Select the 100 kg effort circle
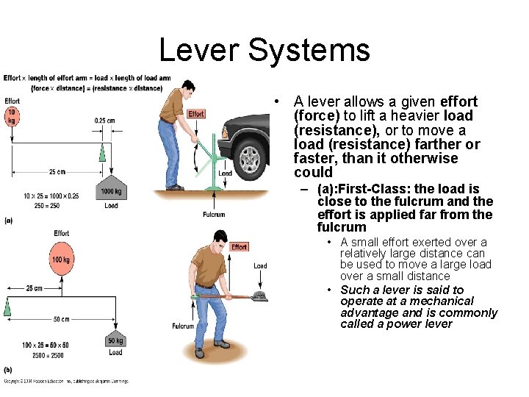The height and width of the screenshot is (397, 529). tap(61, 260)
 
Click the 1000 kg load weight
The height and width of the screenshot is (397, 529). tap(111, 190)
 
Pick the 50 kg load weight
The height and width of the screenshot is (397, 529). tap(115, 340)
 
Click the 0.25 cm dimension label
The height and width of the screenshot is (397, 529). tap(104, 121)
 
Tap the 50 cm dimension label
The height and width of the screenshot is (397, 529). tap(61, 320)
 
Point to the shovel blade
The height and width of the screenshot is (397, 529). tap(258, 296)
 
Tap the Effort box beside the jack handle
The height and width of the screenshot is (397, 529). tap(196, 114)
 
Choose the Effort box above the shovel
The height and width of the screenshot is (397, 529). tap(239, 247)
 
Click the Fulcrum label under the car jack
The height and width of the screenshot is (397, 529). tap(214, 215)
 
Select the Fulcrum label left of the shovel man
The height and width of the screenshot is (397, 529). tap(183, 326)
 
